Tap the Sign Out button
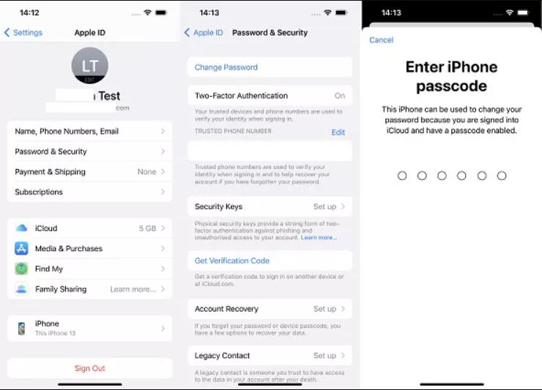(89, 368)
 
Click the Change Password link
(226, 67)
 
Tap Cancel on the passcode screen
(381, 40)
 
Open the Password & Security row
(89, 151)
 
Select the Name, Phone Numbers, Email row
(89, 131)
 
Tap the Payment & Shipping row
(89, 172)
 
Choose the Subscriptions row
(89, 192)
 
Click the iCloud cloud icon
(21, 228)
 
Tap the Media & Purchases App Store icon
(21, 249)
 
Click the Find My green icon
(21, 269)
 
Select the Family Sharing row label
(61, 289)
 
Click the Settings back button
(23, 33)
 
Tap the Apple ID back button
(204, 33)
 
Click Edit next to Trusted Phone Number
(338, 132)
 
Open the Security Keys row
(270, 207)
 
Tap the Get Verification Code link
(231, 260)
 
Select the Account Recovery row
(270, 309)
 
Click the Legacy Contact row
(270, 356)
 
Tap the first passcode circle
(402, 176)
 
